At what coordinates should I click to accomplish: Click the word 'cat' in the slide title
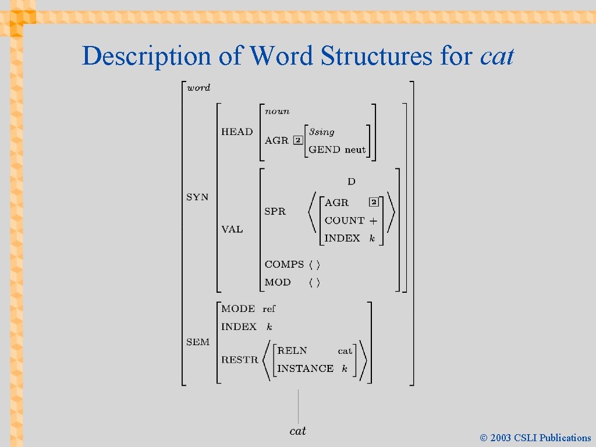[x=497, y=56]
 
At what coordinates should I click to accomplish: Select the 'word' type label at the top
[x=198, y=88]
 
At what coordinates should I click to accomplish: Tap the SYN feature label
[x=197, y=197]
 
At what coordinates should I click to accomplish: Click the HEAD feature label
[x=237, y=132]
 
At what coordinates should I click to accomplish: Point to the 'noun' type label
[x=277, y=111]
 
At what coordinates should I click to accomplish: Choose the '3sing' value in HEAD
[x=321, y=132]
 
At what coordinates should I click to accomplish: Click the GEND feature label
[x=324, y=150]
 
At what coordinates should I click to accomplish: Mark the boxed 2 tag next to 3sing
[x=297, y=140]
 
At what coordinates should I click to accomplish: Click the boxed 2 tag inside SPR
[x=374, y=202]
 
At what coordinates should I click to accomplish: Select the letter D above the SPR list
[x=351, y=182]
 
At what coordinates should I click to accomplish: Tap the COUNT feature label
[x=345, y=221]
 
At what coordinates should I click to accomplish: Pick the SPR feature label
[x=275, y=211]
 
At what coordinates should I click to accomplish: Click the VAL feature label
[x=232, y=229]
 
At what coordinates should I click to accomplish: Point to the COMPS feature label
[x=284, y=264]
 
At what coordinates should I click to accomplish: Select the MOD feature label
[x=278, y=282]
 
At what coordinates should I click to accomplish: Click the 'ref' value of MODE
[x=269, y=308]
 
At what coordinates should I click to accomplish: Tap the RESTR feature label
[x=239, y=360]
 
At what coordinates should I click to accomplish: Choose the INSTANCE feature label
[x=306, y=368]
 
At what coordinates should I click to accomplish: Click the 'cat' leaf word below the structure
[x=297, y=431]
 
